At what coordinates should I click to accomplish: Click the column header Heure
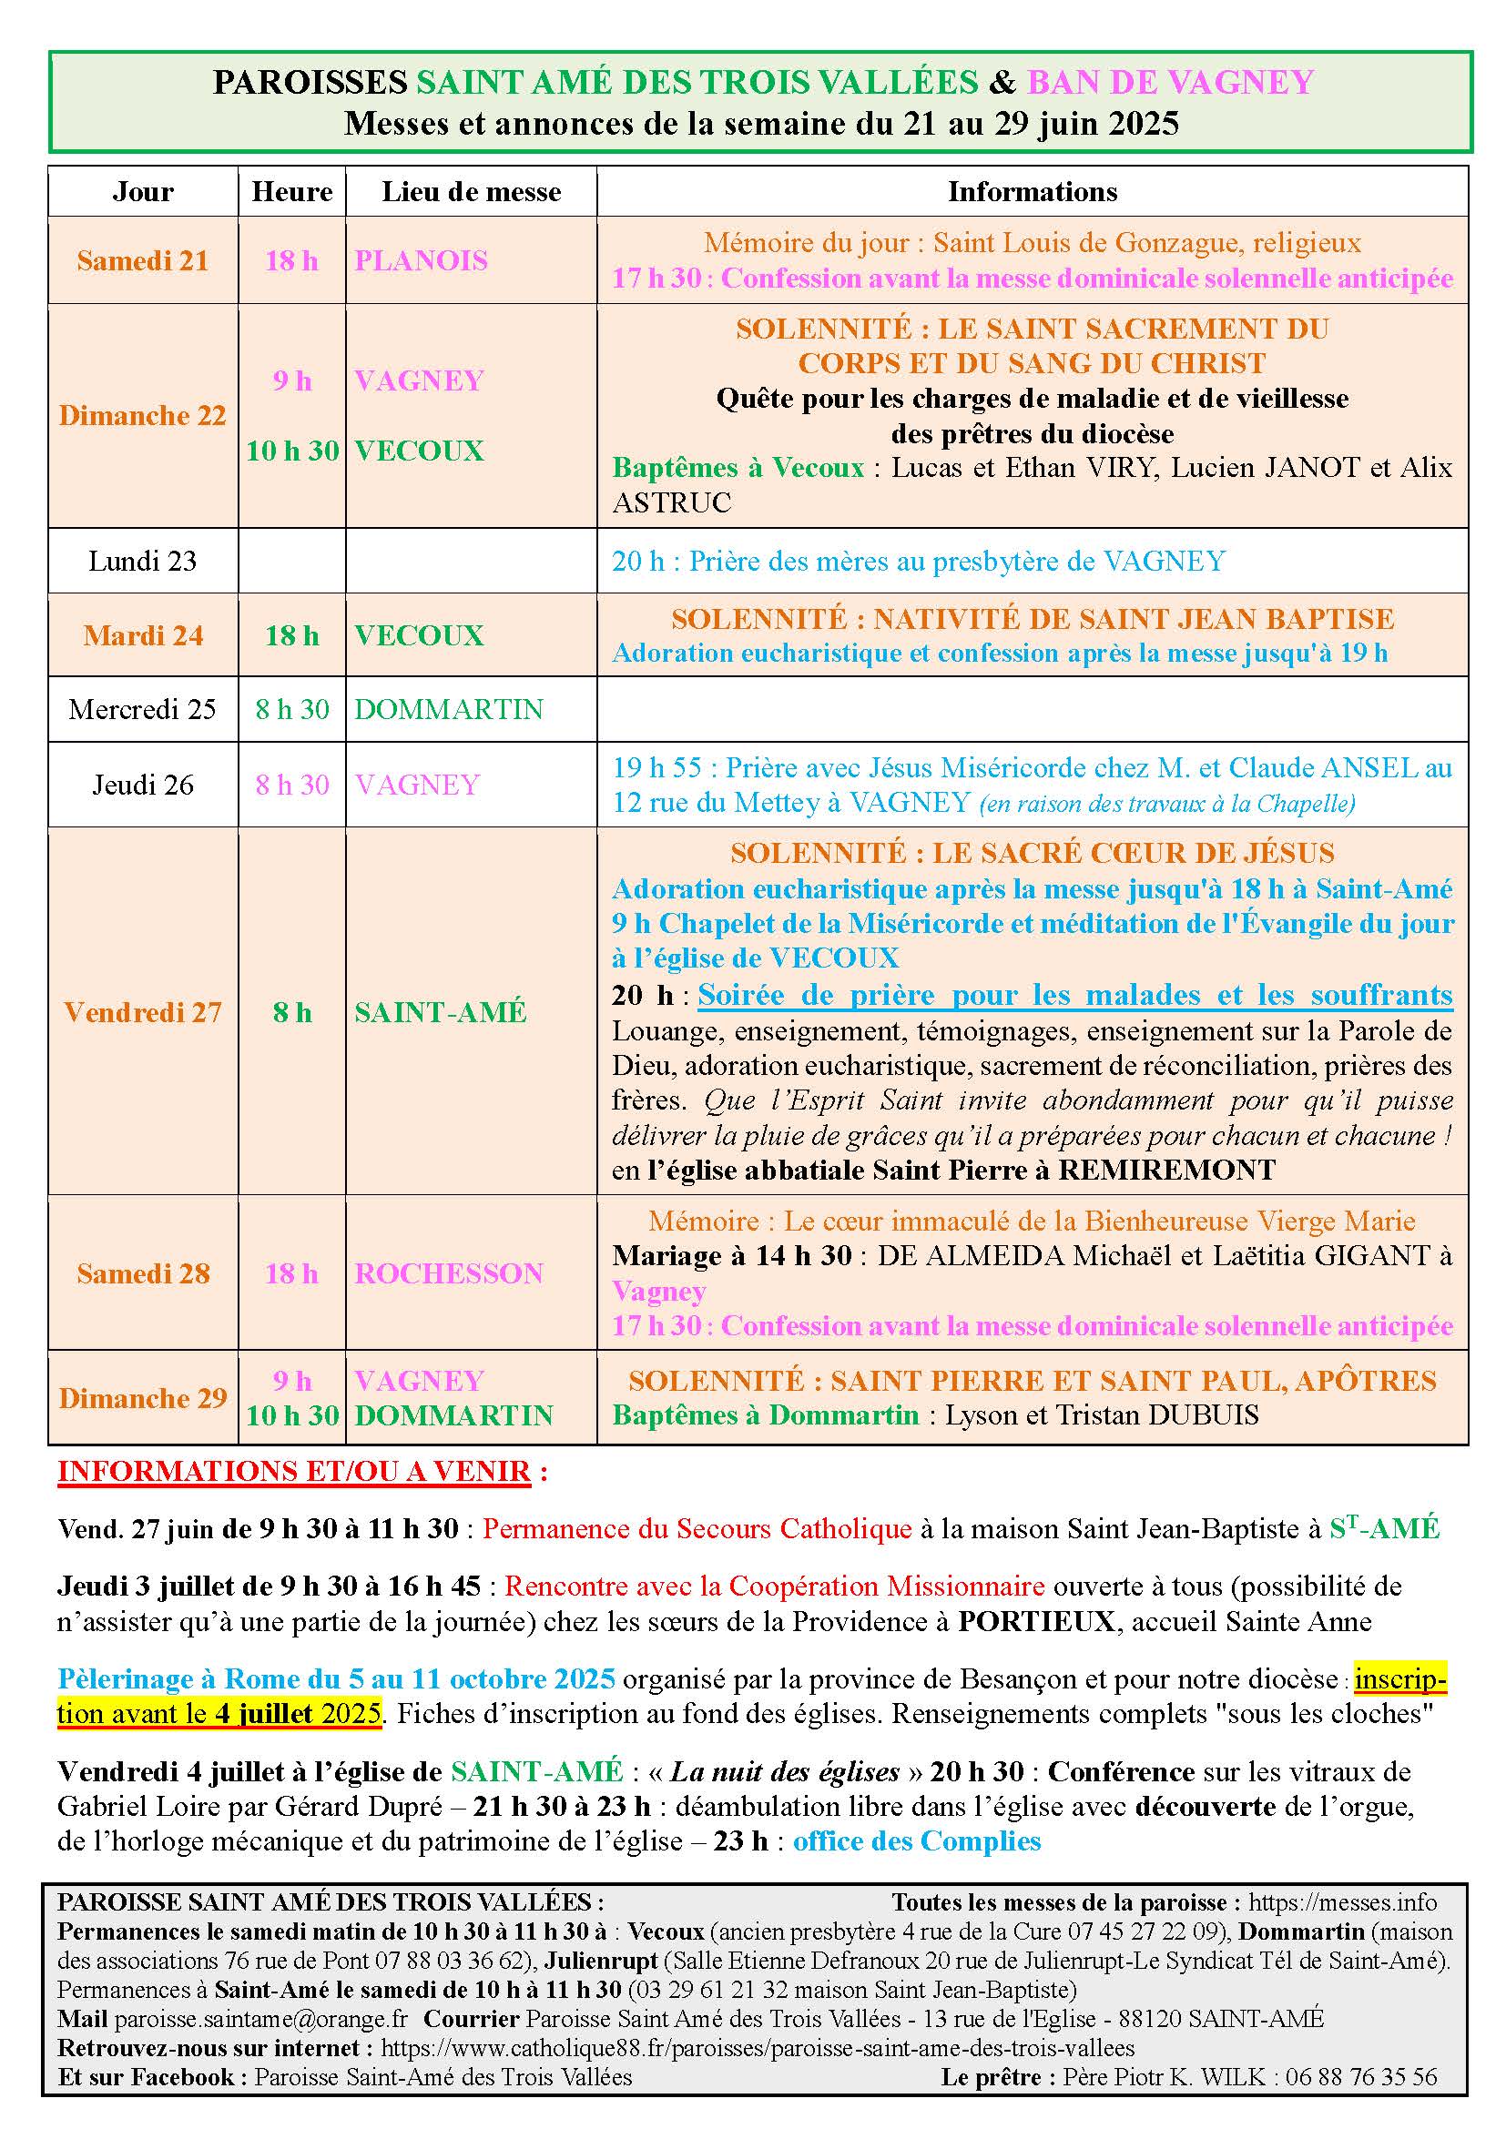point(291,192)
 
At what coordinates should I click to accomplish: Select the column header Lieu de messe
point(471,192)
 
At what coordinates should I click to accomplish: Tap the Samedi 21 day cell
point(143,260)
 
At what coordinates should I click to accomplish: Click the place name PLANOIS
point(421,260)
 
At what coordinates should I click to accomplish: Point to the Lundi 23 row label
point(143,561)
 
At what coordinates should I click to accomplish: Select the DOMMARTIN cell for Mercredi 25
point(449,709)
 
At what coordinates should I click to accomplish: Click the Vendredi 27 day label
point(143,1011)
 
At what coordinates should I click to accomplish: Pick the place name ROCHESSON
point(449,1273)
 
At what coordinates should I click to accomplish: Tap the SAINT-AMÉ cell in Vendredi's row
point(441,1011)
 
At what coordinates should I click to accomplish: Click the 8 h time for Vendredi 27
point(291,1011)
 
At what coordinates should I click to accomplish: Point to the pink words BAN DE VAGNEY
point(1170,83)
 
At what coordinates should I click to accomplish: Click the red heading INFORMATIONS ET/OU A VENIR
point(294,1472)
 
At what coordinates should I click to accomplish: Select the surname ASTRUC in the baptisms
point(671,502)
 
